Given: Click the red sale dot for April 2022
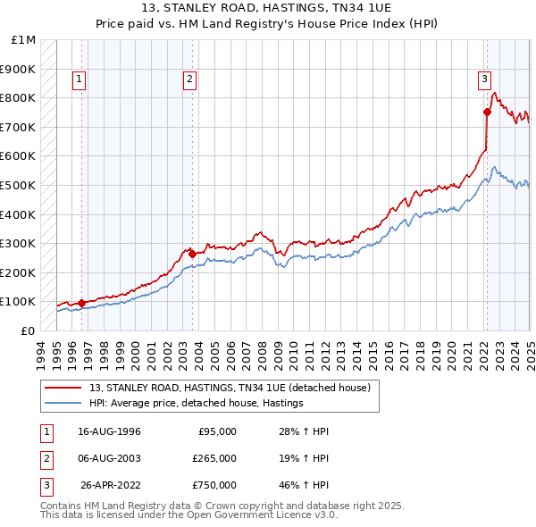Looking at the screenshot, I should point(487,112).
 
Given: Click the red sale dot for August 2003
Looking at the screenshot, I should point(192,254).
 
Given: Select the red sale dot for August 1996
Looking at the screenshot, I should point(81,303).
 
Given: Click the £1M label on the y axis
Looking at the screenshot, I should point(24,40).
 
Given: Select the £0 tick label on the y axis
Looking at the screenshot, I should point(28,330).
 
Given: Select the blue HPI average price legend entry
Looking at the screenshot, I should point(197,404).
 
